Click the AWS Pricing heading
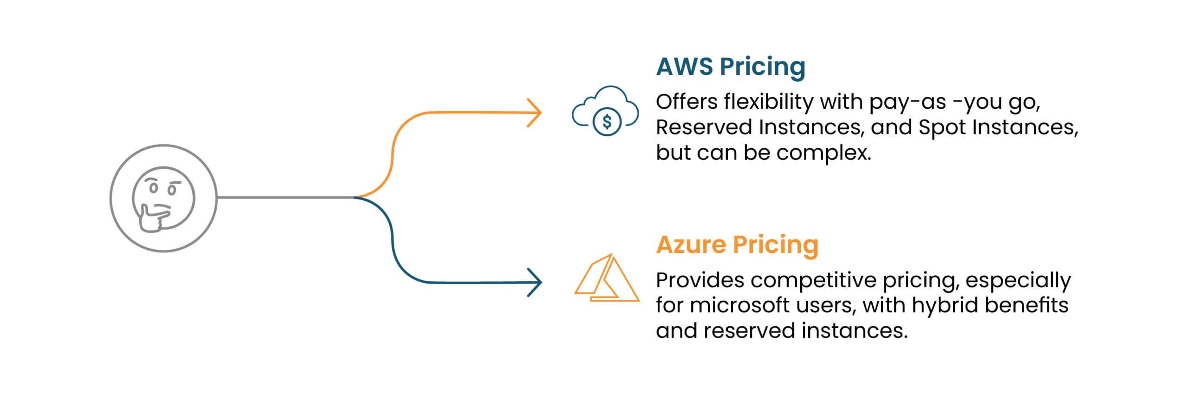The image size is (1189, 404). point(731,67)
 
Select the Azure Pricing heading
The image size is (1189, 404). point(737,245)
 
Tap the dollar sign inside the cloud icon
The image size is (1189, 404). point(607,122)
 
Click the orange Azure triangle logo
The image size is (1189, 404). point(607,279)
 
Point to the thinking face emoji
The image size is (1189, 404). point(163,199)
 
